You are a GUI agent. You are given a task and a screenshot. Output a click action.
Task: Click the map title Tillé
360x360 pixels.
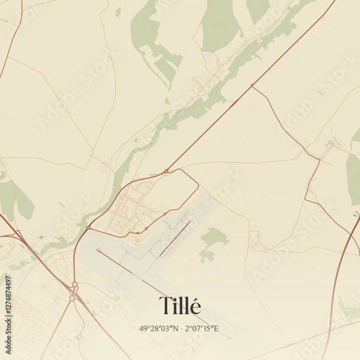click(x=179, y=306)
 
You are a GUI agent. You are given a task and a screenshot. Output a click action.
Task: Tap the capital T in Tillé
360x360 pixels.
click(x=165, y=306)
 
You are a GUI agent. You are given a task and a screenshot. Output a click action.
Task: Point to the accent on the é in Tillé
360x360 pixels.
click(x=194, y=297)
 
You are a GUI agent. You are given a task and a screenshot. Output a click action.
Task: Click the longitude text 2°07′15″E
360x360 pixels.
click(x=202, y=329)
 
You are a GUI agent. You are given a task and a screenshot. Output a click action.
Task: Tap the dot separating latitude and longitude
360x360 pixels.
click(x=179, y=329)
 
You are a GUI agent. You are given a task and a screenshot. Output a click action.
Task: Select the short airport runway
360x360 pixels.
click(x=175, y=238)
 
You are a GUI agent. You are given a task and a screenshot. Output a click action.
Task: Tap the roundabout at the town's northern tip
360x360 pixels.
click(x=166, y=171)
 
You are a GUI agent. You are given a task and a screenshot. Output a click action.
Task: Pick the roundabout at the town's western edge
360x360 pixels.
click(x=89, y=228)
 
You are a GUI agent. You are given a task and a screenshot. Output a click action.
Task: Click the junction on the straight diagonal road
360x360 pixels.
click(x=251, y=86)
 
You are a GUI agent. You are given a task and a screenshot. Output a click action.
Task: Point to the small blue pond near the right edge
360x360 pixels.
click(x=356, y=215)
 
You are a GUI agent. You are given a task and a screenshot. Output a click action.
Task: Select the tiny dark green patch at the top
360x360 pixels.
click(x=117, y=12)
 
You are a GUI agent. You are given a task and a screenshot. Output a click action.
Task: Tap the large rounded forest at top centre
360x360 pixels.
click(x=220, y=25)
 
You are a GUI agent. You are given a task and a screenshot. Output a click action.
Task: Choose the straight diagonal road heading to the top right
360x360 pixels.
click(x=288, y=50)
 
